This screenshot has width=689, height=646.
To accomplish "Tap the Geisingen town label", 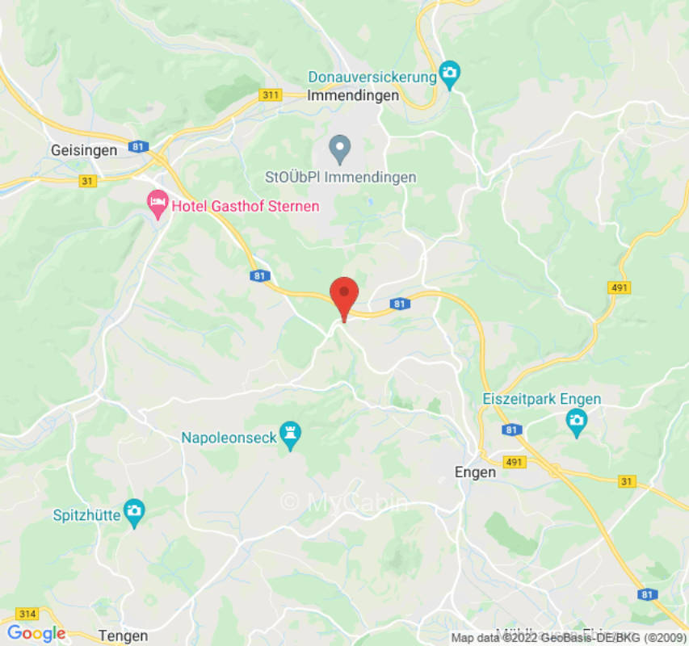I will pos(84,150).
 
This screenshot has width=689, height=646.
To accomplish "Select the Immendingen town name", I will pos(353,95).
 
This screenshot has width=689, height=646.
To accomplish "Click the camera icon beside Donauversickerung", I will pos(450,75).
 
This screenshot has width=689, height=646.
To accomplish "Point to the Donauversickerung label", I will pos(372,77).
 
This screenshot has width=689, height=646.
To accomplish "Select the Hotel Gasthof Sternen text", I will pos(245,206).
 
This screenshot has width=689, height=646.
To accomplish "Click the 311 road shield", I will pos(270,95).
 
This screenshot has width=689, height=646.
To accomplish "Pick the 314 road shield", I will pos(26,615).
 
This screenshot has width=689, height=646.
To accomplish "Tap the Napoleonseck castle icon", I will pos(290,436).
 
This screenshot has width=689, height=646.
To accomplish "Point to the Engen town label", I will pos(475,472).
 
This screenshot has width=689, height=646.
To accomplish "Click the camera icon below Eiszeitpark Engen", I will pos(576,422).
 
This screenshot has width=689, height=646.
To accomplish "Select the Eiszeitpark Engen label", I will pos(541,400).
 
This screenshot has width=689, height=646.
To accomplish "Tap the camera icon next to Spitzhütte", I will pos(134,512).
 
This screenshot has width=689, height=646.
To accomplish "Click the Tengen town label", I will pos(122,636).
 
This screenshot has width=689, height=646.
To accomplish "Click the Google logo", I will pos(36,634).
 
